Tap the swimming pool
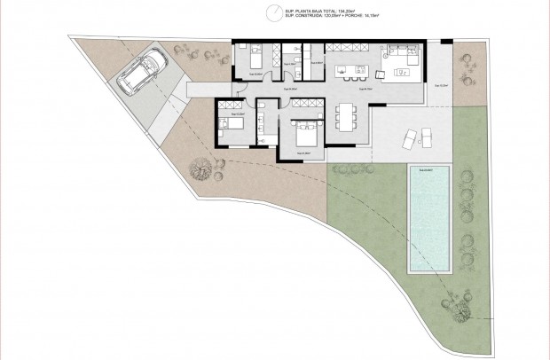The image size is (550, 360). pos(431,220)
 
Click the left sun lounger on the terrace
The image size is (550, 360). pos(407,137)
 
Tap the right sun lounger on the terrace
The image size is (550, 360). pos(427,137)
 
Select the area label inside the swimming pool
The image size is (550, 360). pos(430,170)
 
